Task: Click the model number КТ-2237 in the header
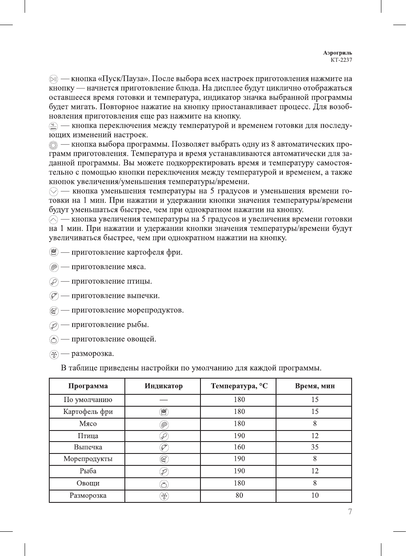click(341, 60)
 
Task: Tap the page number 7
click(350, 512)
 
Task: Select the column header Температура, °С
click(239, 386)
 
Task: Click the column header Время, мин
click(315, 386)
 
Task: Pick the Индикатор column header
click(164, 386)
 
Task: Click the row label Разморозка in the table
click(88, 496)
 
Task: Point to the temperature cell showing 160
click(239, 447)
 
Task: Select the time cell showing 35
click(315, 447)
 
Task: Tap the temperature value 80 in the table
click(239, 496)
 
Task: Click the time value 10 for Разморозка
click(315, 496)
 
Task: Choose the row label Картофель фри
click(88, 412)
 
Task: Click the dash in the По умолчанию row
click(164, 400)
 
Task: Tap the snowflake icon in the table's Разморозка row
click(164, 496)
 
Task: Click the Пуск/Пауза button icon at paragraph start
click(54, 79)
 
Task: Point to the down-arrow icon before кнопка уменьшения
click(54, 191)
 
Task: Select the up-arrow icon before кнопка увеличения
click(54, 220)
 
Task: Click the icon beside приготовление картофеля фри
click(54, 252)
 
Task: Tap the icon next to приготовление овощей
click(54, 339)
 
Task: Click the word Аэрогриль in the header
click(337, 53)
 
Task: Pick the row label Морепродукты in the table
click(88, 459)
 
